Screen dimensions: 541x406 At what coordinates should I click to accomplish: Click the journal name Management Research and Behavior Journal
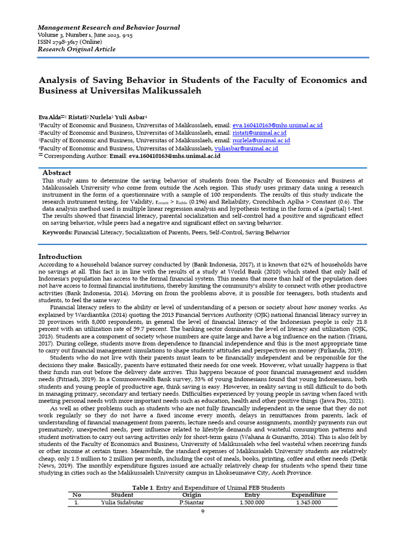pos(108,27)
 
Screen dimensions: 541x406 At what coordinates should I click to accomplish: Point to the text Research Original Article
pos(76,50)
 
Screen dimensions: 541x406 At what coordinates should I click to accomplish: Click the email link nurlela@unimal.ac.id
pos(261,141)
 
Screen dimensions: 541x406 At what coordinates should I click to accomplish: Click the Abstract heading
pos(57,173)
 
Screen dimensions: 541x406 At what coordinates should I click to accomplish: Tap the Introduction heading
pos(61,256)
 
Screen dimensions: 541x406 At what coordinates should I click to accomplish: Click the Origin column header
pos(191,495)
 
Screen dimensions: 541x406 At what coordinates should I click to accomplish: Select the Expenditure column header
pos(308,495)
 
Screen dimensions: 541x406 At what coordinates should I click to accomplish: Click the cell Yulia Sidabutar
pos(122,502)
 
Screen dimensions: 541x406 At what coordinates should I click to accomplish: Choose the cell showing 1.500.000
pos(252,502)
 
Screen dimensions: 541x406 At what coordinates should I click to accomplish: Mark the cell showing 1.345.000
pos(308,502)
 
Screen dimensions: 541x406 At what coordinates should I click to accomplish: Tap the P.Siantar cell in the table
pos(191,502)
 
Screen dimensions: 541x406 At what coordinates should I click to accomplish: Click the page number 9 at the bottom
pos(202,512)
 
